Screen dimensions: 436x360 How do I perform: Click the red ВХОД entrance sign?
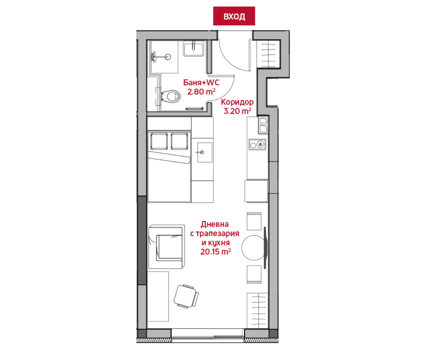234,16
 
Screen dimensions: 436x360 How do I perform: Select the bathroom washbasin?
193,48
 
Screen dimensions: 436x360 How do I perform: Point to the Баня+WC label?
201,83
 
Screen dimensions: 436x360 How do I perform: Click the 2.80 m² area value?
201,92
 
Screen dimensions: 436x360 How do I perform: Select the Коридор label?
237,102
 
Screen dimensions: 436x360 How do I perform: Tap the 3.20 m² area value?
237,111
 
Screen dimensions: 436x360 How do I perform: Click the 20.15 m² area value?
215,252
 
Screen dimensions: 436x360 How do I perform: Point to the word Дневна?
215,224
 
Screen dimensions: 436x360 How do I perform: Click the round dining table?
254,248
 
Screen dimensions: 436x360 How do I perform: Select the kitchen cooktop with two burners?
257,144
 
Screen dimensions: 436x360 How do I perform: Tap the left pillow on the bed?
159,141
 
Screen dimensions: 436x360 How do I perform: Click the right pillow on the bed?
179,141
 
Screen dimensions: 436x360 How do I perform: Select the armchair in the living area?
166,247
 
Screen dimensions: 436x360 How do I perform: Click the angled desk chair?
186,296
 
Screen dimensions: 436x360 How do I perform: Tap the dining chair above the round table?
254,221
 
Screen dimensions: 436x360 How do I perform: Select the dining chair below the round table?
254,275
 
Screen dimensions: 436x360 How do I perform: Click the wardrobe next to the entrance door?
268,54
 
